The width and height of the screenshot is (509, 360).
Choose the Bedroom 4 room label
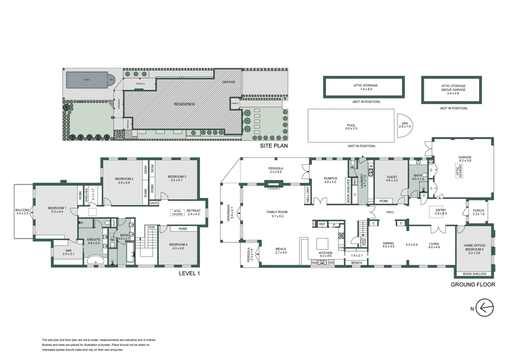pos(178,246)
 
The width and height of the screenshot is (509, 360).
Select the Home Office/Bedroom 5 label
pos(474,250)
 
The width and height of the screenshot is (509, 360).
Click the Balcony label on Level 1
pos(23,211)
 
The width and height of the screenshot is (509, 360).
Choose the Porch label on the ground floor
pos(478,212)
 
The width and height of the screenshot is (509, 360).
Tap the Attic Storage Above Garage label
pos(454,88)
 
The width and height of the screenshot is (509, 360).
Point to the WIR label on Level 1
pos(68,253)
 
